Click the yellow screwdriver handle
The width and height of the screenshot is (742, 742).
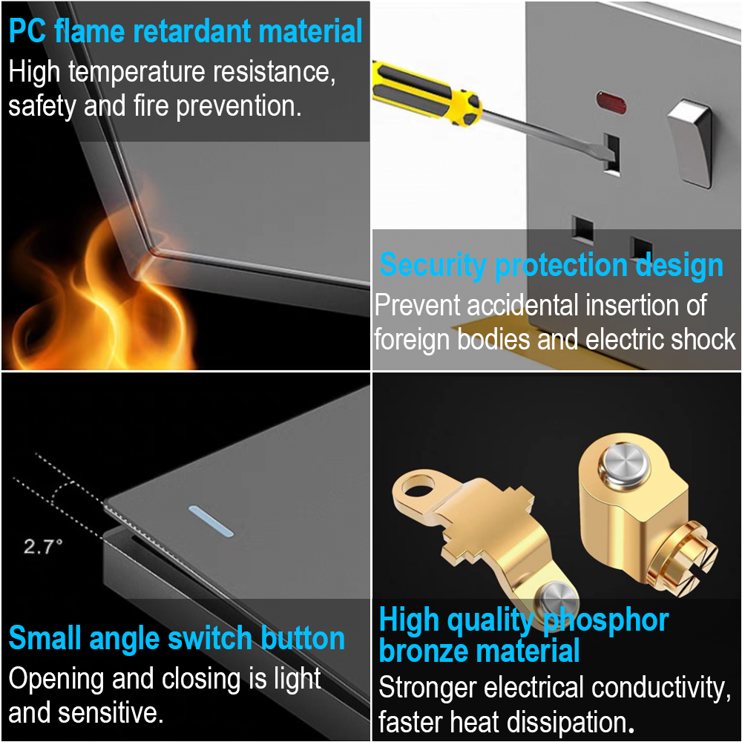pyautogui.click(x=426, y=93)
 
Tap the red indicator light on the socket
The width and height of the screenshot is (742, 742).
pyautogui.click(x=611, y=101)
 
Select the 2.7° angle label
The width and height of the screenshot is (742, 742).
pyautogui.click(x=43, y=547)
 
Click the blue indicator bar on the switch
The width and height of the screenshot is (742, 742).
pyautogui.click(x=211, y=521)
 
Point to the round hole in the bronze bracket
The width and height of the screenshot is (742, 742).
pyautogui.click(x=418, y=487)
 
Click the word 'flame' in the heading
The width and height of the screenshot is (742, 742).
pyautogui.click(x=90, y=31)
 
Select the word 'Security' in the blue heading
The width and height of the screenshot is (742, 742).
pyautogui.click(x=433, y=266)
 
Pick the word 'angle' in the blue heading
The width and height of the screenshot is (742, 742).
pyautogui.click(x=125, y=640)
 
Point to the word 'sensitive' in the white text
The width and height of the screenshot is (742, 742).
pyautogui.click(x=114, y=712)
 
